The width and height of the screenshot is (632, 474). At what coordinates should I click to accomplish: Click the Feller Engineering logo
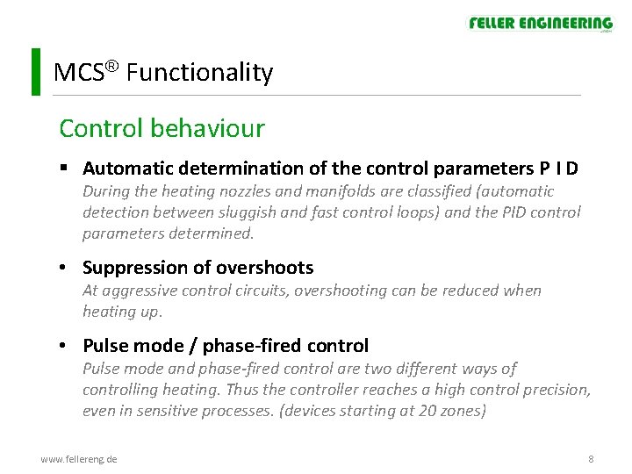coord(540,24)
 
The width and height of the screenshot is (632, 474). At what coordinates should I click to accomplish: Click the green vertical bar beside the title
coord(35,72)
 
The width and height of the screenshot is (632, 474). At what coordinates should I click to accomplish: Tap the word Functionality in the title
coord(199,72)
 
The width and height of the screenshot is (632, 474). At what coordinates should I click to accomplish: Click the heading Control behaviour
coord(162,128)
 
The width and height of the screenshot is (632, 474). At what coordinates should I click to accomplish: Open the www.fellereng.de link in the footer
coord(79,459)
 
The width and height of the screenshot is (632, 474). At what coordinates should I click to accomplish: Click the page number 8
coord(591,459)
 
